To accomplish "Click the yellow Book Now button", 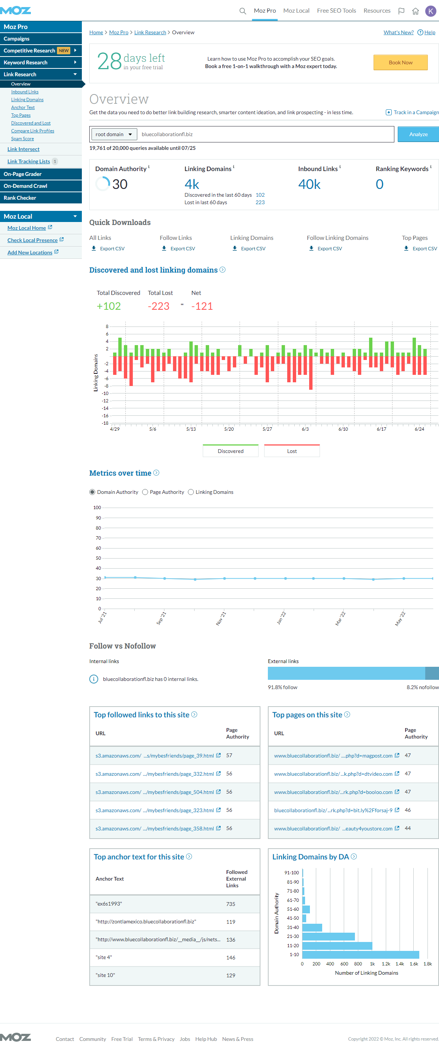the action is pyautogui.click(x=400, y=62).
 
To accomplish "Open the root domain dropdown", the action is pyautogui.click(x=113, y=134).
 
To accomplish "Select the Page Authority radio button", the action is pyautogui.click(x=145, y=492).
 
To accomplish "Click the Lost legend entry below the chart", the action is pyautogui.click(x=292, y=451).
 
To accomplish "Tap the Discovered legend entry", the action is pyautogui.click(x=231, y=451).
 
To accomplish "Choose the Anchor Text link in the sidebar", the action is pyautogui.click(x=23, y=107).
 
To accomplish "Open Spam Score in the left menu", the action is pyautogui.click(x=23, y=139).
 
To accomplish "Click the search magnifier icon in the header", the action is pyautogui.click(x=243, y=11).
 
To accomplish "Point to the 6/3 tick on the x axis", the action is pyautogui.click(x=305, y=429).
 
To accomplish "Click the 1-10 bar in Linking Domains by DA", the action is pyautogui.click(x=361, y=955).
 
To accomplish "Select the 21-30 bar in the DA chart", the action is pyautogui.click(x=329, y=936).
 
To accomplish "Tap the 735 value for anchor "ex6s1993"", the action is pyautogui.click(x=231, y=904).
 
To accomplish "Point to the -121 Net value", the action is pyautogui.click(x=202, y=306).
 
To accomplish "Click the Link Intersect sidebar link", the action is pyautogui.click(x=23, y=149).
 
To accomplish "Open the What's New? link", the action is pyautogui.click(x=398, y=32).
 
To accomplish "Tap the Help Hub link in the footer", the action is pyautogui.click(x=206, y=1039).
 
